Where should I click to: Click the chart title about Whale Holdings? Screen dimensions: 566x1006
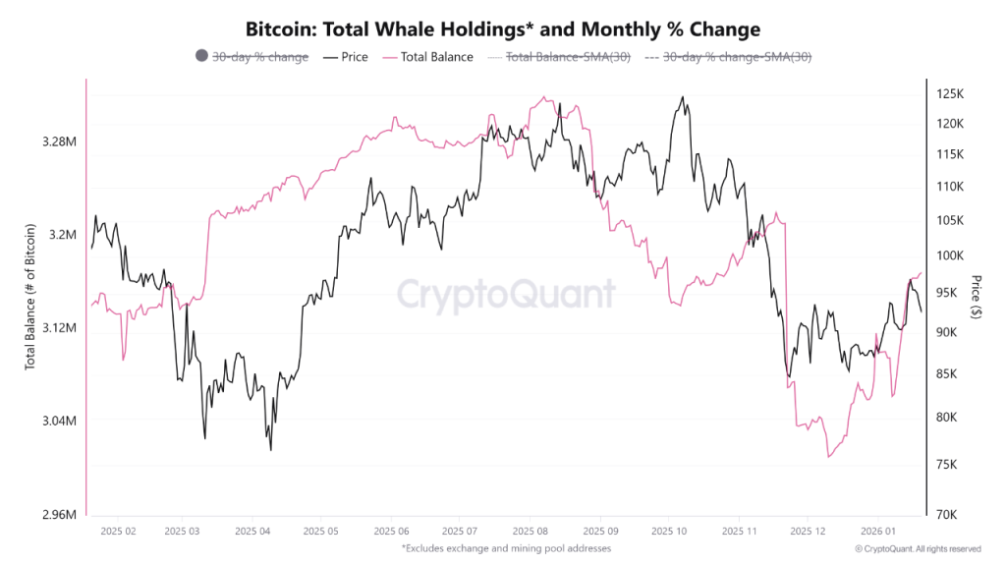point(502,29)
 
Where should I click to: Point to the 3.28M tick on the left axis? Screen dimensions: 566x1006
point(60,141)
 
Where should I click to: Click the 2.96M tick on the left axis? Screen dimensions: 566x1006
point(60,514)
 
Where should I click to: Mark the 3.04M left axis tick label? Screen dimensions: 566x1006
point(60,421)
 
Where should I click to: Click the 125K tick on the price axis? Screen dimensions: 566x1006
point(948,94)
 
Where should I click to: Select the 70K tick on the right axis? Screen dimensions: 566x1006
point(945,514)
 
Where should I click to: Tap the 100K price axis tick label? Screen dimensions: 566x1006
point(948,256)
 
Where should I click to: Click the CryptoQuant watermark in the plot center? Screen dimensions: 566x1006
point(506,294)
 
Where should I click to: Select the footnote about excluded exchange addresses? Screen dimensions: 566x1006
point(506,547)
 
